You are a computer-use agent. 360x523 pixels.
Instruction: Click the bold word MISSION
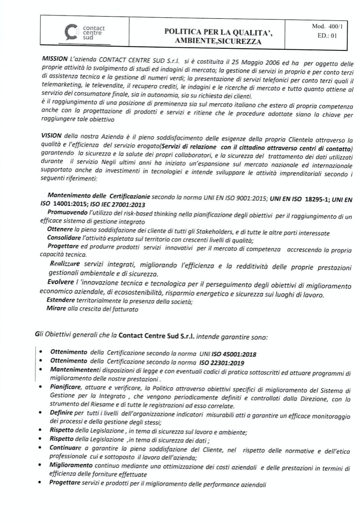pos(54,57)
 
